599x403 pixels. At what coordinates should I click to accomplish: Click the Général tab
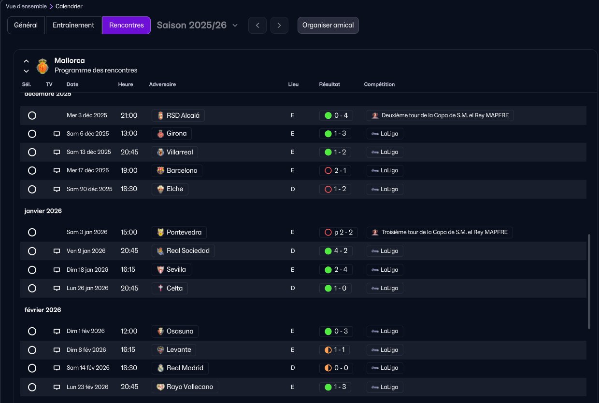coord(26,25)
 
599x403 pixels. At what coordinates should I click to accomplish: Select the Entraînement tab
coord(73,25)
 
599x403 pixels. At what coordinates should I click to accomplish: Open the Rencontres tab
coord(127,25)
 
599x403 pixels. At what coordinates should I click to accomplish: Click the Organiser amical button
coord(328,25)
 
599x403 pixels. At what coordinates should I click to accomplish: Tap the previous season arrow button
coord(257,25)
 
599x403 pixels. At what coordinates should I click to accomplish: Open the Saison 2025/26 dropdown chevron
coord(235,26)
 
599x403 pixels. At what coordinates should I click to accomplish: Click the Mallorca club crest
coord(43,66)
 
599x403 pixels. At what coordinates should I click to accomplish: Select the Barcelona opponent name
coord(182,170)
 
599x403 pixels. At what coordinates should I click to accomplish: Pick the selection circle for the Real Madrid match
coord(32,368)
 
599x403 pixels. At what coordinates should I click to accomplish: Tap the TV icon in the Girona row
coord(57,134)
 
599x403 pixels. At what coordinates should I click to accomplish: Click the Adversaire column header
coord(162,84)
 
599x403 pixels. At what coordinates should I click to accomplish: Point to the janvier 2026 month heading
coord(43,211)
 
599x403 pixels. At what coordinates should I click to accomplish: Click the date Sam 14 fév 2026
coord(88,368)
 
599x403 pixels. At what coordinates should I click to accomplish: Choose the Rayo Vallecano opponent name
coord(190,387)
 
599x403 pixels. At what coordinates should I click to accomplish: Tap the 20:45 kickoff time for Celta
coord(129,288)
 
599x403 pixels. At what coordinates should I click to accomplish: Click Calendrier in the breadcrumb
coord(69,6)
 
